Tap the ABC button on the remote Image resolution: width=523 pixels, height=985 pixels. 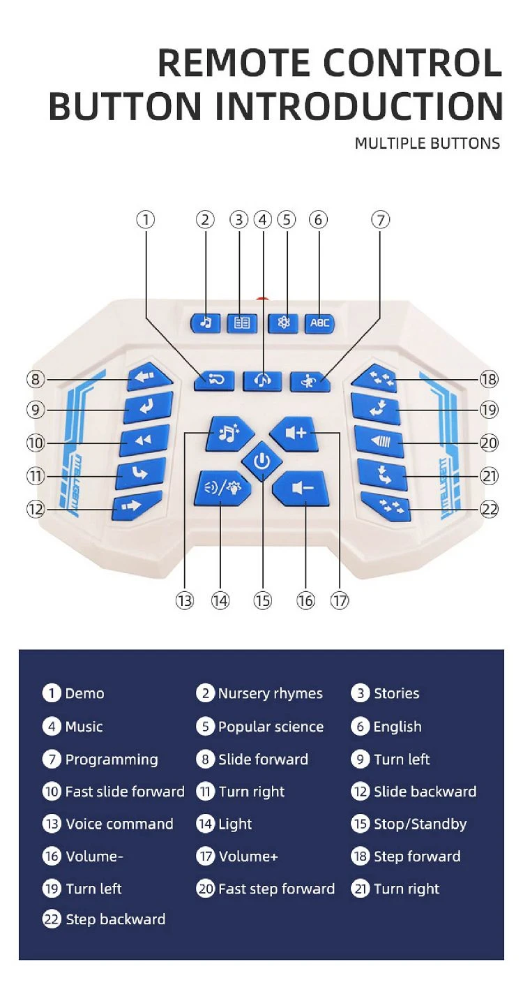click(319, 323)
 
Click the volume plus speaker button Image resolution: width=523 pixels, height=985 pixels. click(295, 434)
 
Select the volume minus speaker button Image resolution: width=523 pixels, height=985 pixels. click(301, 489)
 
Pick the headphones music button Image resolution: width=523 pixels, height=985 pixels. click(263, 381)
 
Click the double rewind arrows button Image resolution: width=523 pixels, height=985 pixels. click(144, 440)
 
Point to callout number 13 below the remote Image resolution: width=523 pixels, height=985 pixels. click(185, 600)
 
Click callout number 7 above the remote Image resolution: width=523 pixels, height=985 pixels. click(380, 219)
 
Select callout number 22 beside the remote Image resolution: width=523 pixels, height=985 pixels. click(490, 509)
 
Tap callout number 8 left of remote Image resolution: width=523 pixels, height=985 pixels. click(36, 379)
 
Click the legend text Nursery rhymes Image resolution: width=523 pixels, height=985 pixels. click(270, 693)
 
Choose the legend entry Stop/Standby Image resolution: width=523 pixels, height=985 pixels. click(420, 824)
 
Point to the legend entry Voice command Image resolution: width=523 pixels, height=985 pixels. click(119, 824)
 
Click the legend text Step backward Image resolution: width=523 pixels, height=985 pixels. click(116, 919)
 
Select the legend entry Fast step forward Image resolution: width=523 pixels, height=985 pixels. click(277, 889)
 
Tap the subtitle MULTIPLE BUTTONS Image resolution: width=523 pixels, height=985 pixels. click(427, 143)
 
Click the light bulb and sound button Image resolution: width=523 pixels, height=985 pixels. click(223, 488)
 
